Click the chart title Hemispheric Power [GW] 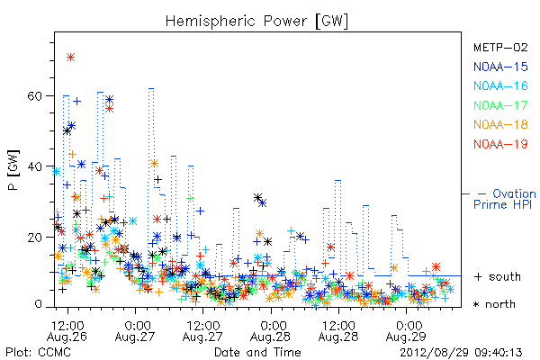pyautogui.click(x=256, y=22)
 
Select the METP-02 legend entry pyautogui.click(x=500, y=47)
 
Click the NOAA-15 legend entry pyautogui.click(x=500, y=67)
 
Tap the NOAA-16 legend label pyautogui.click(x=500, y=85)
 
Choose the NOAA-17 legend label pyautogui.click(x=500, y=105)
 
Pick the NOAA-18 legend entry pyautogui.click(x=500, y=124)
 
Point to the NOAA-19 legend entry pyautogui.click(x=500, y=144)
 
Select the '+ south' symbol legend pyautogui.click(x=498, y=276)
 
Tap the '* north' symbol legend pyautogui.click(x=494, y=304)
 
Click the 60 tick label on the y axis pyautogui.click(x=34, y=95)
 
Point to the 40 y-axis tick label pyautogui.click(x=34, y=166)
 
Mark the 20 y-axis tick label pyautogui.click(x=34, y=238)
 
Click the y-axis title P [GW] pyautogui.click(x=13, y=170)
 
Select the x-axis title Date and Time pyautogui.click(x=257, y=353)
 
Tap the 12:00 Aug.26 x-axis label pyautogui.click(x=67, y=330)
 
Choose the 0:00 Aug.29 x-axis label pyautogui.click(x=407, y=330)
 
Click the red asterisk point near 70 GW pyautogui.click(x=70, y=58)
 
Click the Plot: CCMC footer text pyautogui.click(x=38, y=353)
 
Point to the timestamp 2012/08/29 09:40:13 pyautogui.click(x=461, y=353)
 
